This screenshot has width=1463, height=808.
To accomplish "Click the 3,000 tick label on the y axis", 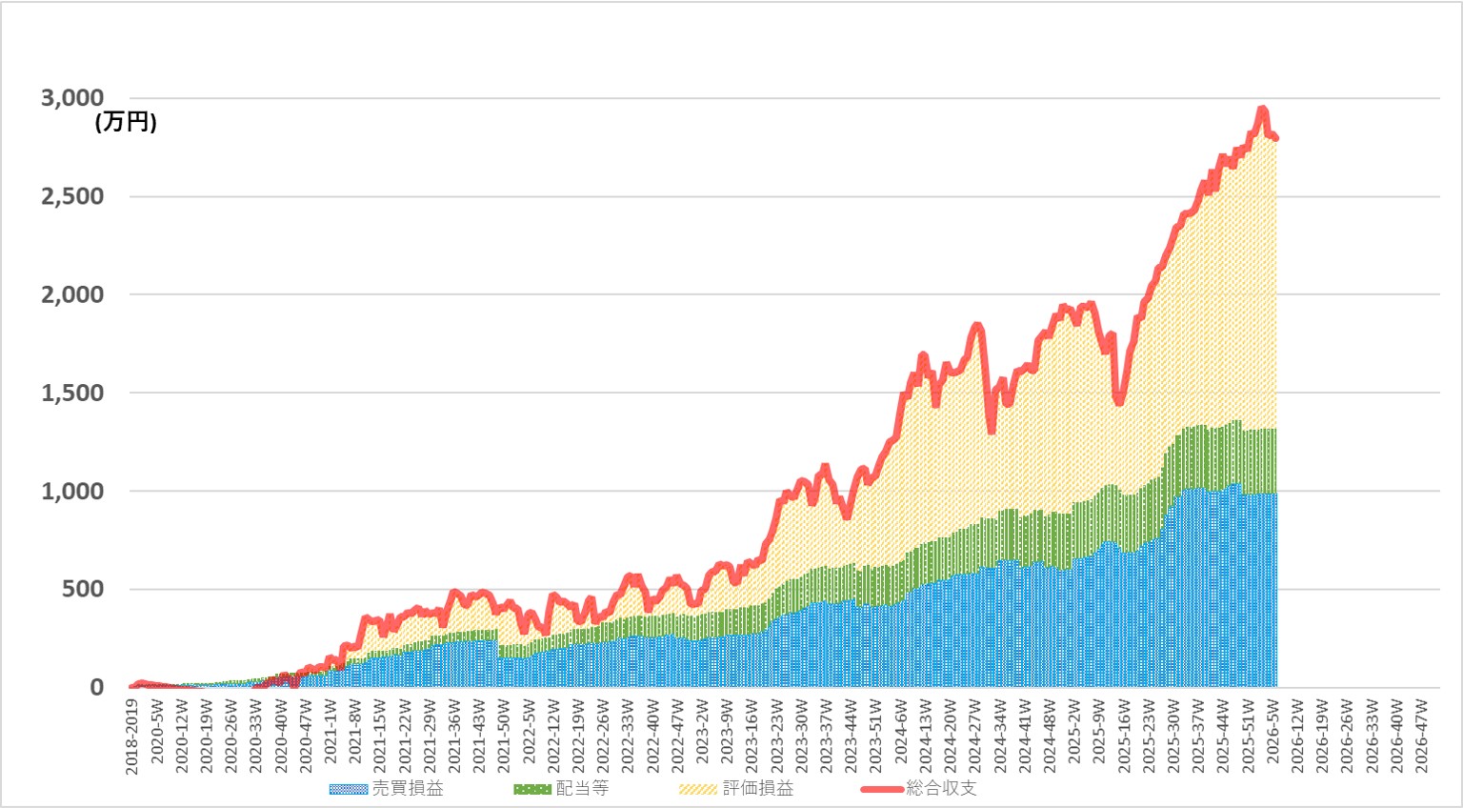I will [x=72, y=98].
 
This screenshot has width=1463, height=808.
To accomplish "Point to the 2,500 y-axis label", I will [x=72, y=196].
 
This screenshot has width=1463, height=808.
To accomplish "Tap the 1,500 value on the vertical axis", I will [x=72, y=393].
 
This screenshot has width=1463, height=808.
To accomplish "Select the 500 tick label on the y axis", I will [x=83, y=589].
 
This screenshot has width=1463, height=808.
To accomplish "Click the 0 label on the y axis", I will [x=96, y=687].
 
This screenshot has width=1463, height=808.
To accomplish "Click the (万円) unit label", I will [x=126, y=123].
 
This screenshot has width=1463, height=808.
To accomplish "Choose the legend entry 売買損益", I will [x=407, y=789].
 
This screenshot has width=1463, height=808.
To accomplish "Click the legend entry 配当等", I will [x=582, y=789].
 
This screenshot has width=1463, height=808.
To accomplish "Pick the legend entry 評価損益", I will [x=757, y=789].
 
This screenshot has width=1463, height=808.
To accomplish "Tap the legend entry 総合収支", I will [x=941, y=789].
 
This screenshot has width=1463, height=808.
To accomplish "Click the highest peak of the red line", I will [x=1262, y=110].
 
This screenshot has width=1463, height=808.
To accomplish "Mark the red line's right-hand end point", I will [x=1275, y=139].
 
